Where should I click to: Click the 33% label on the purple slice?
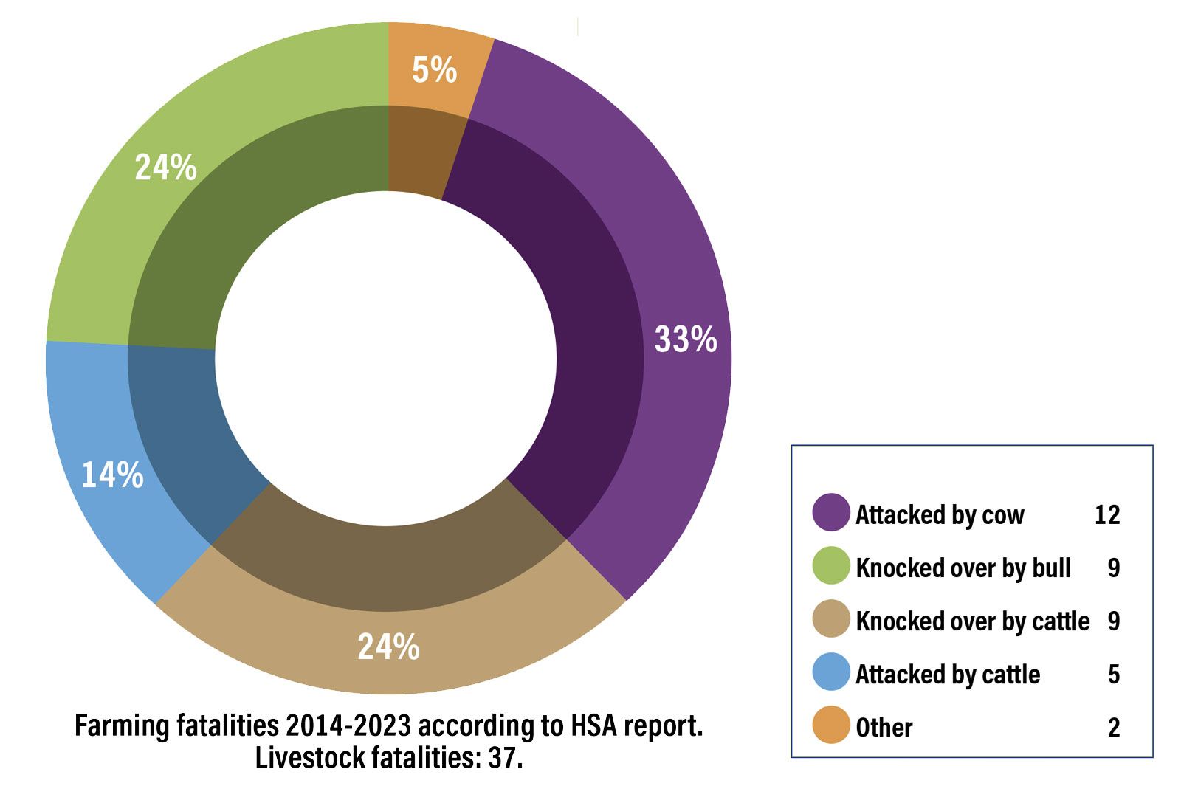(x=685, y=339)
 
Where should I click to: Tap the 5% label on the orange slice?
(x=434, y=70)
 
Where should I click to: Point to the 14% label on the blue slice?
(x=112, y=475)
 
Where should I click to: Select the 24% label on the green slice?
(x=165, y=168)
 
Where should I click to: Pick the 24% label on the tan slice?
(x=388, y=647)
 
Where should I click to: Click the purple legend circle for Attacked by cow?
(x=831, y=513)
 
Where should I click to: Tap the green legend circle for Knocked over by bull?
(x=831, y=566)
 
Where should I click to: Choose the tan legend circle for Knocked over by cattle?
(x=831, y=619)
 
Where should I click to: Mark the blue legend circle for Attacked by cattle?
(x=831, y=672)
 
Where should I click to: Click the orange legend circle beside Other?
(x=831, y=725)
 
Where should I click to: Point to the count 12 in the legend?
(x=1107, y=514)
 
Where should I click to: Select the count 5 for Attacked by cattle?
(x=1114, y=674)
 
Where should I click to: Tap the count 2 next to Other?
(x=1114, y=728)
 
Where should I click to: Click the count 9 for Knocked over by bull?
(x=1114, y=568)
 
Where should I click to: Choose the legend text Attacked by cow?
(x=940, y=514)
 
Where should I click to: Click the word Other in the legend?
(x=884, y=728)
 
